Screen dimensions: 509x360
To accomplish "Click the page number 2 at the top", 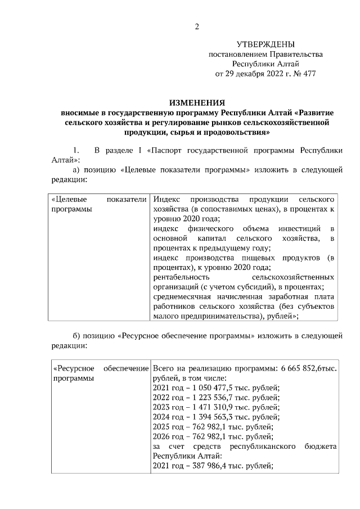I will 197,26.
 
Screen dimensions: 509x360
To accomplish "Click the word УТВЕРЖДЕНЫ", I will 265,44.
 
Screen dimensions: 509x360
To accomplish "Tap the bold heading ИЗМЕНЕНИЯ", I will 197,102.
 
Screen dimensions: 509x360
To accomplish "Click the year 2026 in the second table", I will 161,436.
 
